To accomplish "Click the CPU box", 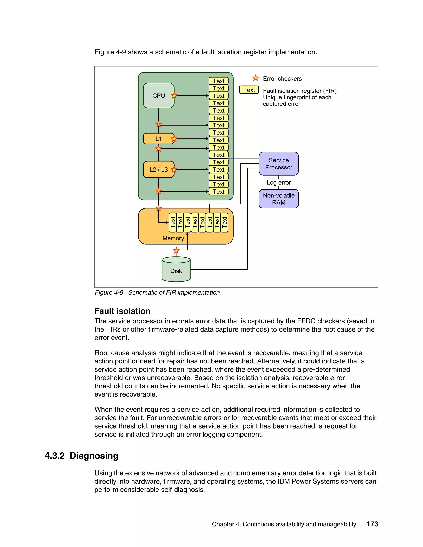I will (x=158, y=95).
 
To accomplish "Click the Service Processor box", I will (x=278, y=163).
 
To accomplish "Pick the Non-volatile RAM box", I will (x=278, y=199).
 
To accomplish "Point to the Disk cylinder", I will (x=176, y=270).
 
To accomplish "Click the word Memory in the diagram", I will (x=173, y=238).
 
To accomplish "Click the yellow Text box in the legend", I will (x=249, y=90).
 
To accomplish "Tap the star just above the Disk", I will (x=176, y=250).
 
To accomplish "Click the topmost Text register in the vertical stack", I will (x=219, y=81).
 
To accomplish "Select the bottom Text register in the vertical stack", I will (x=219, y=192).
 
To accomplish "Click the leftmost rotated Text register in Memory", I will (x=172, y=222).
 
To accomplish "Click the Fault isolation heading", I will (x=122, y=311).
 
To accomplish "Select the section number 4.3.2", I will (x=55, y=456).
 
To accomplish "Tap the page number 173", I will (x=372, y=524).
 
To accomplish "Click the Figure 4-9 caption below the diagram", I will (x=157, y=292).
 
